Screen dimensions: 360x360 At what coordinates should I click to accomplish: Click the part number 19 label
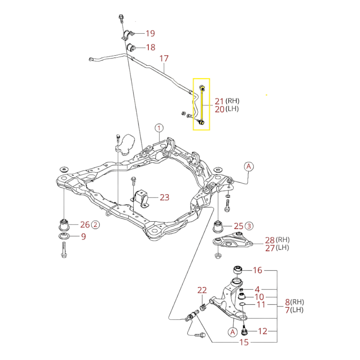coord(150,33)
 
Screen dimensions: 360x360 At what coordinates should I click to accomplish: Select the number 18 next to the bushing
coord(150,47)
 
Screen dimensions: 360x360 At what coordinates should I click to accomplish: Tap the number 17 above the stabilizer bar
coord(164,59)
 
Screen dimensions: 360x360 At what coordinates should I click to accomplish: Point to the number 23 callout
coord(164,198)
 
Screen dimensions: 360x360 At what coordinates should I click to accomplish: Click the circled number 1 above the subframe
coord(159,128)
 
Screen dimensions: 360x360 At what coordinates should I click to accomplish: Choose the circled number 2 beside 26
coord(95,225)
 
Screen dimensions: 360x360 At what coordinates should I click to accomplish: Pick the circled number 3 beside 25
coord(249,226)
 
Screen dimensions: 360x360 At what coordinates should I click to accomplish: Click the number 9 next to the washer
coord(83,237)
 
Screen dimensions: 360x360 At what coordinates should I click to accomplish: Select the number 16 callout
coord(257,270)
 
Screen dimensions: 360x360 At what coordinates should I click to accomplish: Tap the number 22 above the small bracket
coord(202,290)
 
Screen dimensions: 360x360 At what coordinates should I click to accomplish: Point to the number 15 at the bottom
coord(244,342)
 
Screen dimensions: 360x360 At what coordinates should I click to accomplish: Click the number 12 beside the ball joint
coord(262,331)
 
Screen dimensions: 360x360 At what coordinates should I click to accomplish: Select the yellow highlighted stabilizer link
coord(202,104)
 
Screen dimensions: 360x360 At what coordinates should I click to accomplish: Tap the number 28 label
coord(270,240)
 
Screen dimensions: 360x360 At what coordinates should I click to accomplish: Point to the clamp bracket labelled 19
coord(128,35)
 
